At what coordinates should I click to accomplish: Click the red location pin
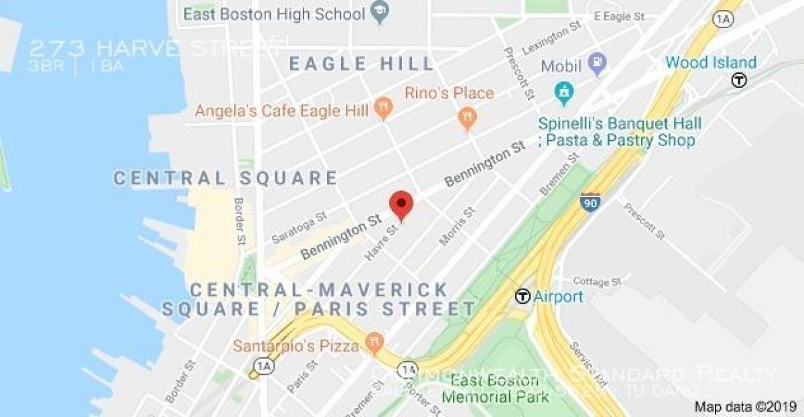401,203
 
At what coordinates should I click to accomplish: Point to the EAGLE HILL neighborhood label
362,64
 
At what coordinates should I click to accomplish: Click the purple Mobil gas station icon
596,64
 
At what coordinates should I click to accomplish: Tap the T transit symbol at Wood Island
740,80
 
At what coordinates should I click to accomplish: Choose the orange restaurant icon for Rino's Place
466,119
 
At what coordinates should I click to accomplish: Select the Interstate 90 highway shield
590,202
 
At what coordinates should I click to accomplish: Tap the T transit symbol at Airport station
523,296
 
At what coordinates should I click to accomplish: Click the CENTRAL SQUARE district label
225,178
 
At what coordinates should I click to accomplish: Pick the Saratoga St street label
299,227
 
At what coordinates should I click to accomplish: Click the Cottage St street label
598,281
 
